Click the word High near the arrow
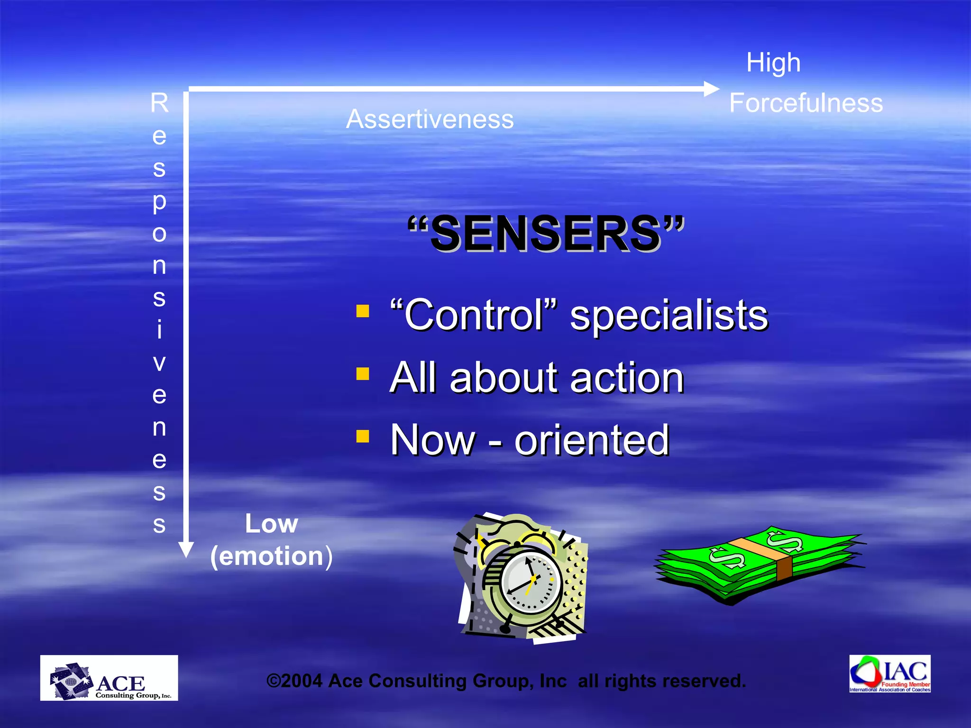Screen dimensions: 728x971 coord(773,63)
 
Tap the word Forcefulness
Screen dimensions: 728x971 coord(806,103)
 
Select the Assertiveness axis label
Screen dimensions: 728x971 coord(430,119)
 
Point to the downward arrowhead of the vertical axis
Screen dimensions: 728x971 coord(186,550)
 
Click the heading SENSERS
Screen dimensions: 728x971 coord(546,233)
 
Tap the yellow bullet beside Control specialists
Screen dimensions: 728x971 coord(363,311)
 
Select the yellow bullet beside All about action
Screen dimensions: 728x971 coord(363,374)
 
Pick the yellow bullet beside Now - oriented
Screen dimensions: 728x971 coord(363,436)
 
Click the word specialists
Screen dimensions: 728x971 coord(669,316)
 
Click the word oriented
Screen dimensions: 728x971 coord(592,440)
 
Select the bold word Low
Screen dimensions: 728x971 coord(271,524)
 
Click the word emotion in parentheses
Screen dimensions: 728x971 coord(271,556)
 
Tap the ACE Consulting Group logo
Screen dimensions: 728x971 coord(109,678)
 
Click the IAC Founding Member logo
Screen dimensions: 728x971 coord(889,673)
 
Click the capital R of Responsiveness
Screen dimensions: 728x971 coord(160,103)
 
